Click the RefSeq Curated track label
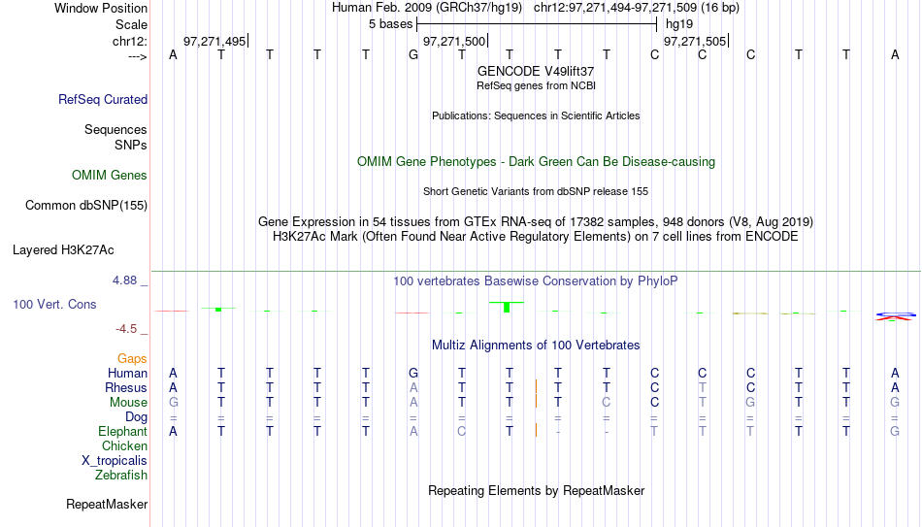(x=103, y=99)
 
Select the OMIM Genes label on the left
(x=110, y=176)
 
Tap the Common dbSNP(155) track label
(x=86, y=206)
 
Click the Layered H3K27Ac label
(x=63, y=250)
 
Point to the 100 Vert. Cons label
(x=54, y=304)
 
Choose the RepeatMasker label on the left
(x=107, y=504)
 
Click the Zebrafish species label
(x=121, y=475)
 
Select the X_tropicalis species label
(x=115, y=461)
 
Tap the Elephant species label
(x=122, y=431)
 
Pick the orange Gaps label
(x=132, y=359)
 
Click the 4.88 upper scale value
(x=124, y=280)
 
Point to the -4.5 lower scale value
(x=126, y=329)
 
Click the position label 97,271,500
(x=454, y=41)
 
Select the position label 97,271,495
(x=214, y=41)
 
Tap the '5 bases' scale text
(x=390, y=24)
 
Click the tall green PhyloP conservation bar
(x=507, y=307)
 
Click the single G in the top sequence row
(x=413, y=54)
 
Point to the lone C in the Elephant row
(x=462, y=431)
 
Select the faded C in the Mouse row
(x=607, y=403)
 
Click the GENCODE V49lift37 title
(x=536, y=71)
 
